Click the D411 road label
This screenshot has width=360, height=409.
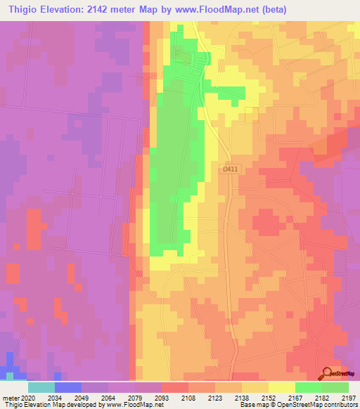pyautogui.click(x=229, y=169)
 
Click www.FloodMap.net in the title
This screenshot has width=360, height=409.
pyautogui.click(x=210, y=8)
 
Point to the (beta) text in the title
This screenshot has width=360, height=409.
pyautogui.click(x=264, y=8)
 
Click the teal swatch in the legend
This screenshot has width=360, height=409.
pyautogui.click(x=41, y=387)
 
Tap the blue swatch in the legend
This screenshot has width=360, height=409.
pyautogui.click(x=67, y=387)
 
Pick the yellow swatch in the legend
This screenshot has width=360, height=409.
pyautogui.click(x=282, y=387)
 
